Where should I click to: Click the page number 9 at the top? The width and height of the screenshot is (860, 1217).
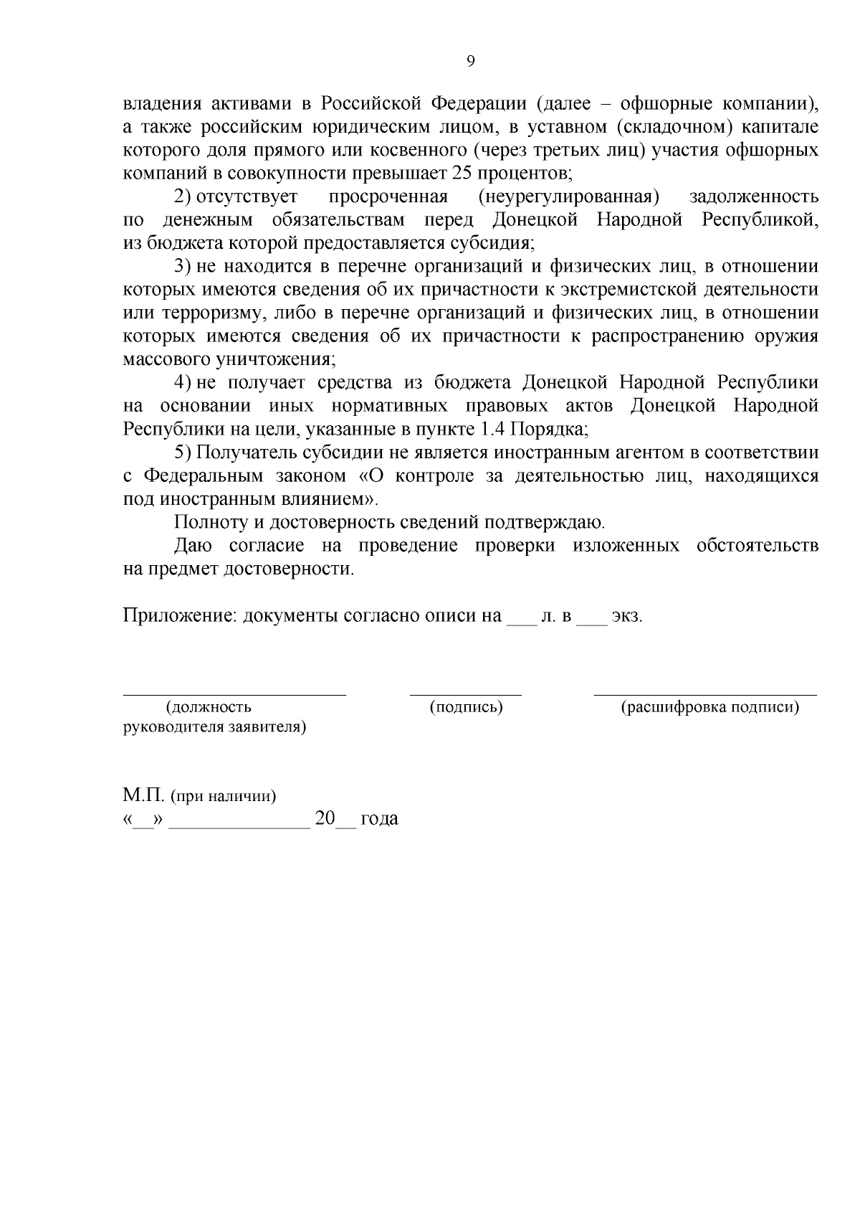pyautogui.click(x=470, y=62)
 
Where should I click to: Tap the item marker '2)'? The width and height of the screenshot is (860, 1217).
pyautogui.click(x=183, y=196)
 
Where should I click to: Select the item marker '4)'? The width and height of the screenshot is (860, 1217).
pyautogui.click(x=183, y=382)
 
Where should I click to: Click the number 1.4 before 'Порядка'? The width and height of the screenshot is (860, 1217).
pyautogui.click(x=489, y=429)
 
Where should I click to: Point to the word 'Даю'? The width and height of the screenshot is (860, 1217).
pyautogui.click(x=193, y=546)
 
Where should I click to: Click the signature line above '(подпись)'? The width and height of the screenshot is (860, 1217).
pyautogui.click(x=465, y=693)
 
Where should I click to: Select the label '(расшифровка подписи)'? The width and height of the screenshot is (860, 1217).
pyautogui.click(x=709, y=708)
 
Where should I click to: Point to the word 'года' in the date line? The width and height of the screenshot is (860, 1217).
pyautogui.click(x=379, y=819)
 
